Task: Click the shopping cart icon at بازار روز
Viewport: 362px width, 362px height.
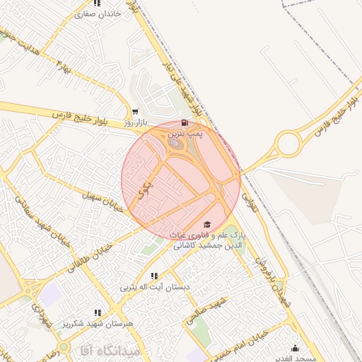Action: [135, 112]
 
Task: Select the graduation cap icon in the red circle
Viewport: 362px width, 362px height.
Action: [206, 224]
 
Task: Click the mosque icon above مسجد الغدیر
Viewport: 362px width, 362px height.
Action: [295, 348]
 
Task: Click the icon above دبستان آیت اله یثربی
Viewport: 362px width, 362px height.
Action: [153, 276]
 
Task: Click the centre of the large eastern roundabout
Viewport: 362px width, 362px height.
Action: [288, 144]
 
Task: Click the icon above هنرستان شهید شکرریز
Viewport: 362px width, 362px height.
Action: [98, 312]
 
